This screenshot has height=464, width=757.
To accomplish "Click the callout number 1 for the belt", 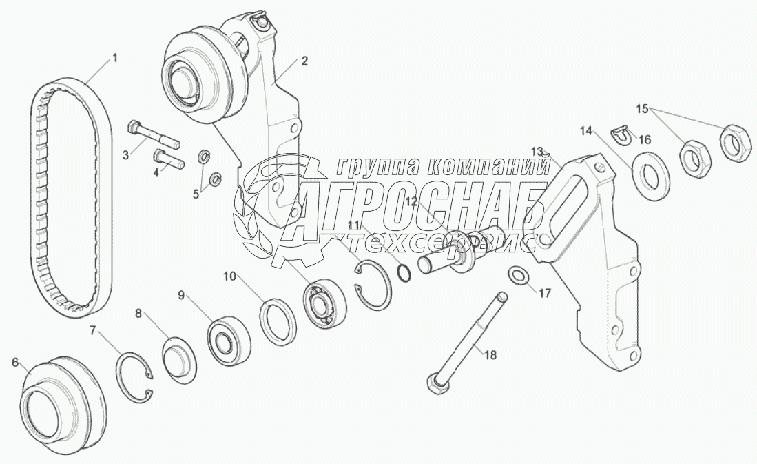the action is pyautogui.click(x=115, y=58).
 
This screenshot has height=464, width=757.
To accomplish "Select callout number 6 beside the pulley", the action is pyautogui.click(x=14, y=361).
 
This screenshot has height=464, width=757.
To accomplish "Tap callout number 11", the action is pyautogui.click(x=353, y=225).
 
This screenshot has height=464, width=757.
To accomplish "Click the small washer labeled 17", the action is pyautogui.click(x=519, y=276).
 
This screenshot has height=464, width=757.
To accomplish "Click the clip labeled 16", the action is pyautogui.click(x=623, y=133).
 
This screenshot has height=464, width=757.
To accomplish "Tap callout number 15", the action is pyautogui.click(x=642, y=108).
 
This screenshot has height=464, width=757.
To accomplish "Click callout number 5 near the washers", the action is pyautogui.click(x=196, y=194).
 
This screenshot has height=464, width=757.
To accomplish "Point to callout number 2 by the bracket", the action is pyautogui.click(x=304, y=61).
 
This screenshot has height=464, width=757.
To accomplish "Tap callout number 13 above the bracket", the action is pyautogui.click(x=537, y=150).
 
